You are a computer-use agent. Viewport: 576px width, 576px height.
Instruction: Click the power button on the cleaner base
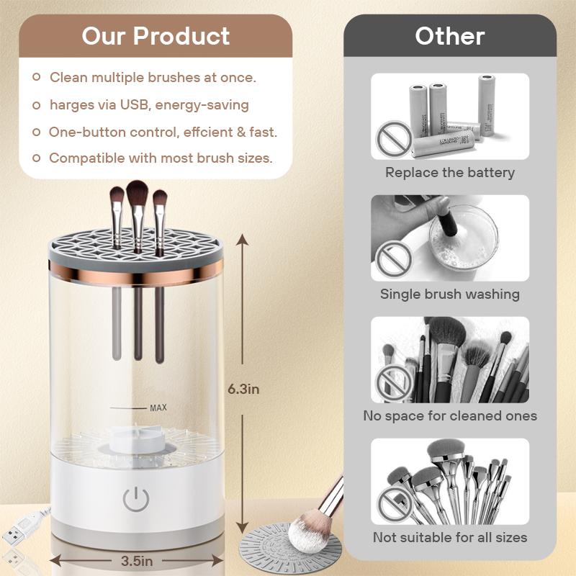136,499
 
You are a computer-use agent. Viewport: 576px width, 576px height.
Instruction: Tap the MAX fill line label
158,408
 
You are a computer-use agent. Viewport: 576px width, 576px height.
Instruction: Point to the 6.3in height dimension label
243,390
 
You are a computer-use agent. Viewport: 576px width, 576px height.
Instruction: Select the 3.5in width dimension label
137,562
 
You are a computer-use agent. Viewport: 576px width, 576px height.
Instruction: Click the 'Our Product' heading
156,36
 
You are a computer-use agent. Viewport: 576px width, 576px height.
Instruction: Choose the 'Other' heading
450,37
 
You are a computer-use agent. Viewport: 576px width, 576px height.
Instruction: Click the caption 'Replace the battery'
450,173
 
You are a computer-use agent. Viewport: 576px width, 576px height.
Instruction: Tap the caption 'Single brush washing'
450,294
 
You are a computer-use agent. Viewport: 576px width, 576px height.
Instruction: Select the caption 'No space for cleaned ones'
450,416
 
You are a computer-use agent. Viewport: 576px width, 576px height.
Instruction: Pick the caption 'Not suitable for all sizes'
450,537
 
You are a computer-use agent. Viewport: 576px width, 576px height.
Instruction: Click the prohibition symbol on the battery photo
394,138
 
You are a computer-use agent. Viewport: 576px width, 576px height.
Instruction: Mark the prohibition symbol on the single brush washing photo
394,258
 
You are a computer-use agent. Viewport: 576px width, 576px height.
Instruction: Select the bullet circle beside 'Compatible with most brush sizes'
37,158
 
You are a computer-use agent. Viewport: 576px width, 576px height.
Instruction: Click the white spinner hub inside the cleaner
136,439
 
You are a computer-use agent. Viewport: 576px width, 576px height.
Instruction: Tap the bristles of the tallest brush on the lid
137,193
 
